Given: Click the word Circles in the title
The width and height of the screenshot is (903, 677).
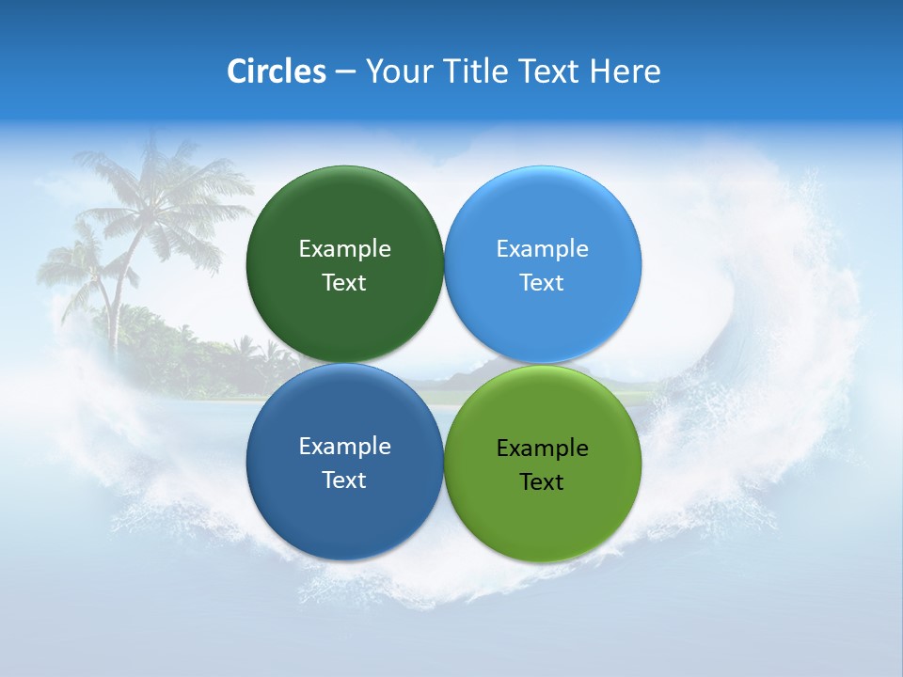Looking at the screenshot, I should point(277,71).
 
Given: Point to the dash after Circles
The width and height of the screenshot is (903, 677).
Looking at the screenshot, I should point(345,72).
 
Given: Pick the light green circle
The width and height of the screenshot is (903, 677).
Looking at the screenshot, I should point(543,517).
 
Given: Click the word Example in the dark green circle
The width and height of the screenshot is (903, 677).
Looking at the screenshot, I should point(344,249).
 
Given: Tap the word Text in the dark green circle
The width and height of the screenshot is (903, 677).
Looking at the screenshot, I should point(344,283).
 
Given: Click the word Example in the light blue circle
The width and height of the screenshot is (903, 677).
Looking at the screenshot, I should point(543,249).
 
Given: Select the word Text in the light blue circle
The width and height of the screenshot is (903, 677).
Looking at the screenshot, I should point(543,283).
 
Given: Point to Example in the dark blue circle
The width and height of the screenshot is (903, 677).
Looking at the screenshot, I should point(344,447).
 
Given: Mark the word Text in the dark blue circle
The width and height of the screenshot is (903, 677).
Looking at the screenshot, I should point(344,480).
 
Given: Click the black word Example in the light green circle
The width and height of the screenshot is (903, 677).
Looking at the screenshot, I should point(543,449).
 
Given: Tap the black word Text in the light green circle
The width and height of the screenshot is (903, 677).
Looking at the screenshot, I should point(543,482).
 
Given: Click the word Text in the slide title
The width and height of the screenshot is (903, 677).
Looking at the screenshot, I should point(550,71).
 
